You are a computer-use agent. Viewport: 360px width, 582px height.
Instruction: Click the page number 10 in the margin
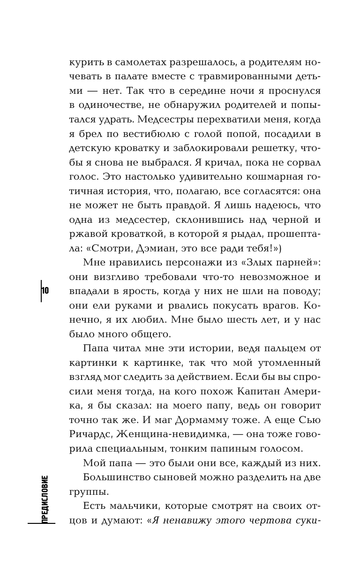pos(45,290)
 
